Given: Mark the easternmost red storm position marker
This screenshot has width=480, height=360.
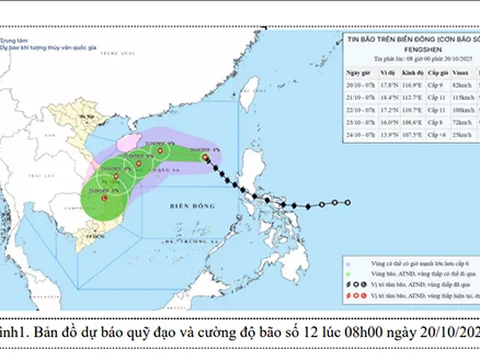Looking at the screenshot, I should [x=205, y=157].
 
